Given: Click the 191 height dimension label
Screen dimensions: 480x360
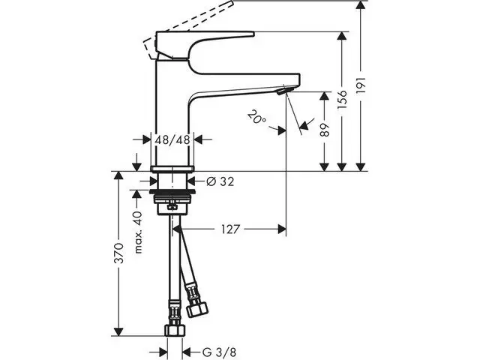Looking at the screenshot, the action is pyautogui.click(x=361, y=85).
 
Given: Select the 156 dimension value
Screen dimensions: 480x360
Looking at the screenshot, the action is pyautogui.click(x=342, y=100).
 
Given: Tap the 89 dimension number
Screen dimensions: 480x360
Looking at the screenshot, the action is pyautogui.click(x=325, y=130).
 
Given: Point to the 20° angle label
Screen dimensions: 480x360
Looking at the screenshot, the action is pyautogui.click(x=256, y=117).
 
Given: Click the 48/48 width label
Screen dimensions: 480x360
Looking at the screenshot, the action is pyautogui.click(x=172, y=140).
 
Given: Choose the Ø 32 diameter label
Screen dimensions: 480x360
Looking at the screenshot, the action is pyautogui.click(x=220, y=181).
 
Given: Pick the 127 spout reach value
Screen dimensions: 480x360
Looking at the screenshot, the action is pyautogui.click(x=230, y=229).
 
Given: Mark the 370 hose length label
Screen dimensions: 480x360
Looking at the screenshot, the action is pyautogui.click(x=118, y=253).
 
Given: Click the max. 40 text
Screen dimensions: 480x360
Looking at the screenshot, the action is pyautogui.click(x=138, y=232).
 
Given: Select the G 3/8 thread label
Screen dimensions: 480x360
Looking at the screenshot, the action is pyautogui.click(x=219, y=352).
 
